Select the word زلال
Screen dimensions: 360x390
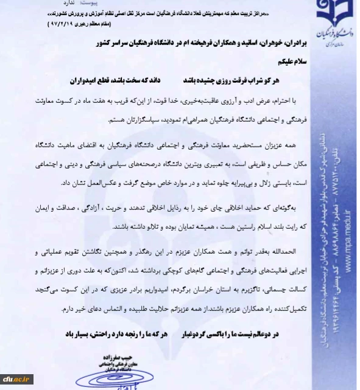click(x=247, y=182)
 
